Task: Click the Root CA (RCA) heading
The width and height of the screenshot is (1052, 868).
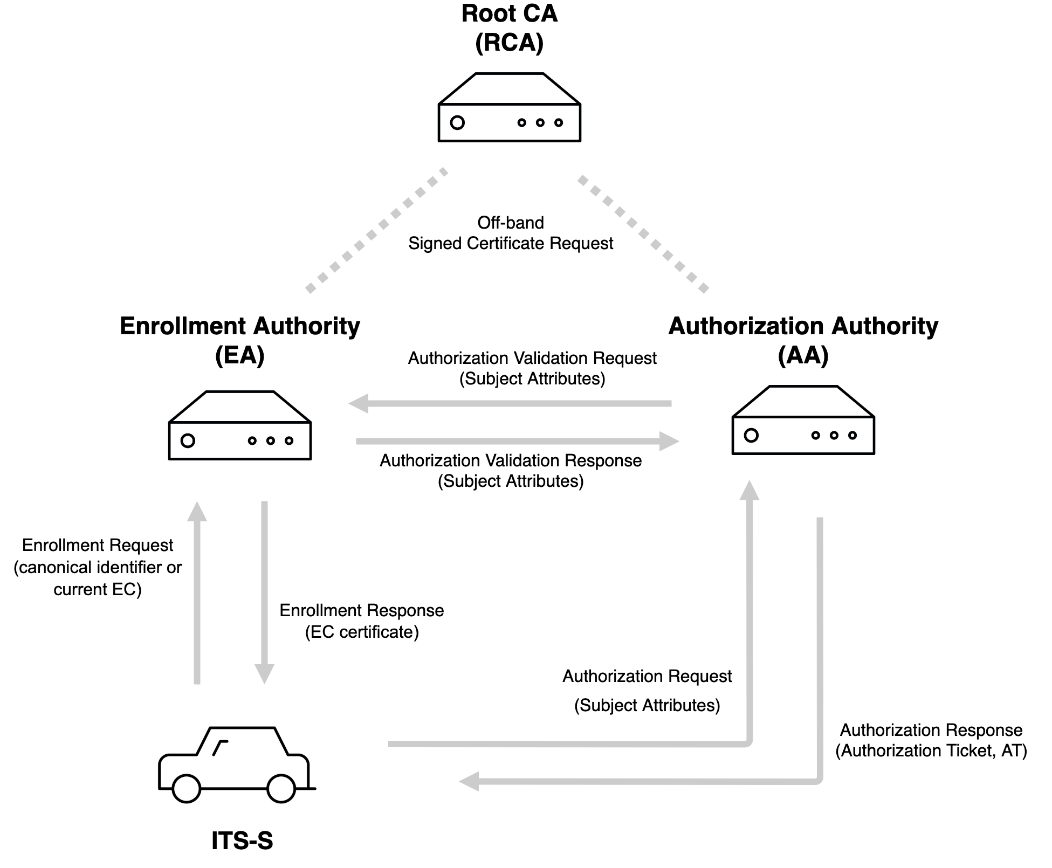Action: pos(509,28)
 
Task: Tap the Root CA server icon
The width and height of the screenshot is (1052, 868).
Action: pos(509,108)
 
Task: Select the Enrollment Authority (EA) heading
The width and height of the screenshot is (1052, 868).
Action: pos(239,340)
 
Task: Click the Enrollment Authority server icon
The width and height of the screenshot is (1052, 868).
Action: pos(239,426)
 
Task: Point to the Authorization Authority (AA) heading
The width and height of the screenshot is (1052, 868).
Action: pos(803,340)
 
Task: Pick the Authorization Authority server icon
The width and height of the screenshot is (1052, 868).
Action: pos(803,421)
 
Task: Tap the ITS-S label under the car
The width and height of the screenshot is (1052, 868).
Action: pos(242,841)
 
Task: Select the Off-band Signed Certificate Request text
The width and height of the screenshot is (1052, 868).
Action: pos(510,233)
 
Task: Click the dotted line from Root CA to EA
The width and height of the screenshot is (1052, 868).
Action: pos(376,231)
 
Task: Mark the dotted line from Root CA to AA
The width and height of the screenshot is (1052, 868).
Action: pos(643,233)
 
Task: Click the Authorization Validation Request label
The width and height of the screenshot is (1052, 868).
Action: pos(532,368)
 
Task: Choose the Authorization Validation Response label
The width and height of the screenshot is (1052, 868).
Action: pos(510,471)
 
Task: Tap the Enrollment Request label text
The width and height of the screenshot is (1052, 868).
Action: pos(98,567)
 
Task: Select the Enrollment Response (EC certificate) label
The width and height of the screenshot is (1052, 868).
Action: pos(361,621)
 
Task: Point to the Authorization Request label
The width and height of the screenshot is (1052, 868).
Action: pos(647,690)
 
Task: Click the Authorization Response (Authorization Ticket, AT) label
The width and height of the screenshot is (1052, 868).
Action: pos(931,740)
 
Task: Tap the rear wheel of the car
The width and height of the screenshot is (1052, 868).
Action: pos(186,788)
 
